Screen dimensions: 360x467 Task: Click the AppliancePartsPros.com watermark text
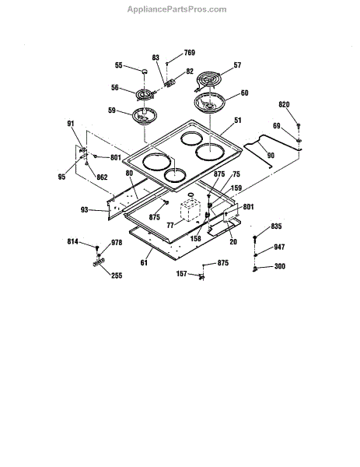tap(177, 9)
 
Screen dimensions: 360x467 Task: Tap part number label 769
tap(190, 53)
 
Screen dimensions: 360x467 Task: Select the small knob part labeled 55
tap(145, 71)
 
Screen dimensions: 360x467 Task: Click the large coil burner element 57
tap(208, 80)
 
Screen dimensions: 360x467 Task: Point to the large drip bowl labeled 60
tap(209, 103)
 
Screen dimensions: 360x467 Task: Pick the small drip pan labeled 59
tap(145, 116)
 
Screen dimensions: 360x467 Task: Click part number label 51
tap(238, 121)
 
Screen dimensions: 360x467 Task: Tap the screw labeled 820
tap(299, 125)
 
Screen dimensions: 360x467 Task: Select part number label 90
tap(271, 155)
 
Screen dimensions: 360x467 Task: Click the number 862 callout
tap(102, 177)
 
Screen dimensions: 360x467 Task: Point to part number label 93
tap(85, 210)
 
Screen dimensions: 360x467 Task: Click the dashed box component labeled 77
tap(190, 211)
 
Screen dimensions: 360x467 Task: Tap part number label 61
tap(144, 263)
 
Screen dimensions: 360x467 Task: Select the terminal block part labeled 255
tap(99, 262)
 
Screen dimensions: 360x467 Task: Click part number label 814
tap(73, 241)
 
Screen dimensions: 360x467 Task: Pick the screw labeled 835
tap(255, 238)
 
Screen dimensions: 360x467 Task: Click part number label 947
tap(279, 247)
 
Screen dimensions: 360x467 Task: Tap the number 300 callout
tap(280, 266)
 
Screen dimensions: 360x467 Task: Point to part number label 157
tap(182, 273)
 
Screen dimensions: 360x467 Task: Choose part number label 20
tap(233, 241)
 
